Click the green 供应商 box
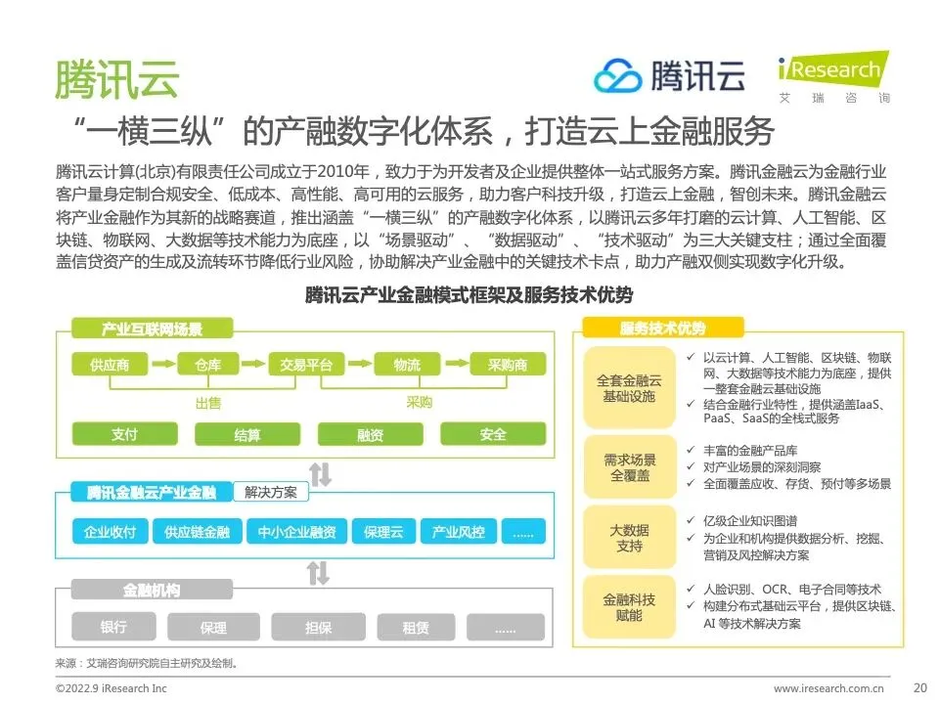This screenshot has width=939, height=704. (x=110, y=366)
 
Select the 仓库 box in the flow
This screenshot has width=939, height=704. (x=207, y=366)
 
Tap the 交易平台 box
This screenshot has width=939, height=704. (x=306, y=366)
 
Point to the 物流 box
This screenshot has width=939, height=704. (x=407, y=366)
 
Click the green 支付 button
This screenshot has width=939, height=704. (x=124, y=434)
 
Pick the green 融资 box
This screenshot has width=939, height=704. (x=370, y=434)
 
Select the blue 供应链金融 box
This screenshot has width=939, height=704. (x=197, y=532)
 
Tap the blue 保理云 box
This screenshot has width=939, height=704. (x=383, y=532)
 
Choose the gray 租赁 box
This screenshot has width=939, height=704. (x=416, y=627)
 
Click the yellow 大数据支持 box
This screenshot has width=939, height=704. (x=629, y=538)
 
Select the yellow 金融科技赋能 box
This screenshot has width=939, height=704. (x=629, y=607)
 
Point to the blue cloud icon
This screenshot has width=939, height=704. (x=618, y=75)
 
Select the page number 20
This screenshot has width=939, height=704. (x=918, y=686)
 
